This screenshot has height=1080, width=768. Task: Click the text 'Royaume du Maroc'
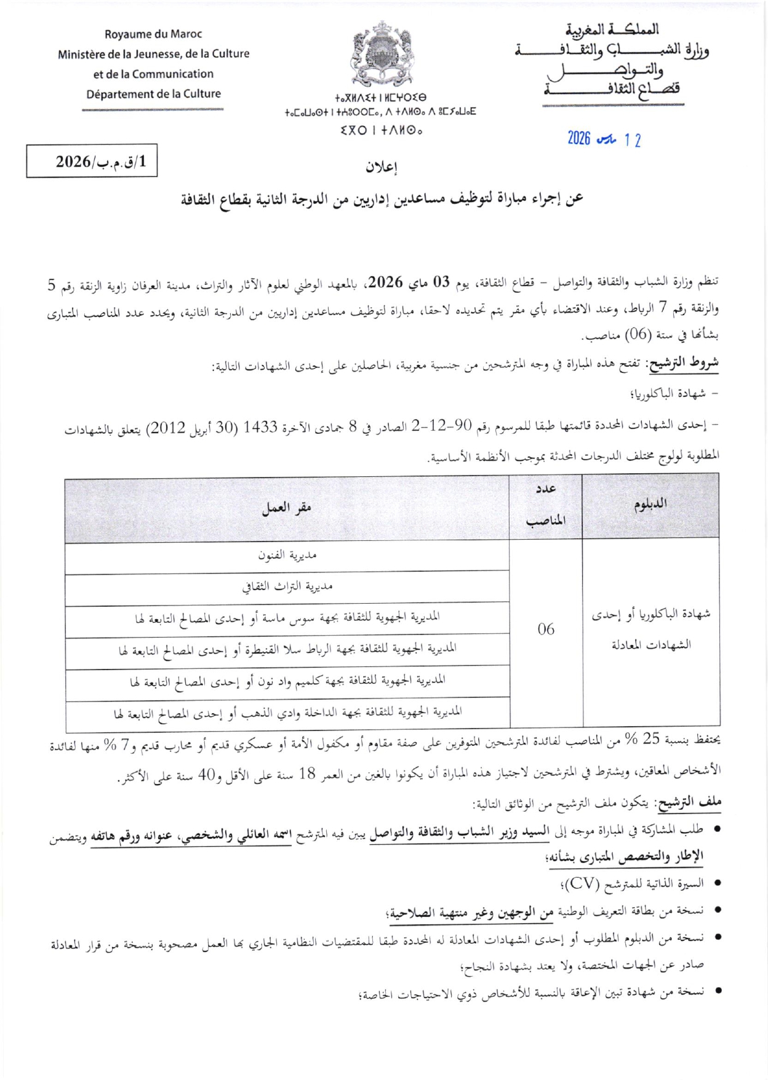[x=153, y=34]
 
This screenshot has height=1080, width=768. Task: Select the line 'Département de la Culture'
[x=153, y=94]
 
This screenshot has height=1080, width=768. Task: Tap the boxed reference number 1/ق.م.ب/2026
[x=92, y=161]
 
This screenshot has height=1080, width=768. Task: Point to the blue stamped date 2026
[x=579, y=138]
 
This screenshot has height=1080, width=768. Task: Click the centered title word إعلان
[x=382, y=167]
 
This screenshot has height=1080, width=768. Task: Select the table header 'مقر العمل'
[x=287, y=508]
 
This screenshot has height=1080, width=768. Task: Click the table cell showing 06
[x=546, y=629]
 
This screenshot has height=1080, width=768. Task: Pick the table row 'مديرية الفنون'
[x=287, y=555]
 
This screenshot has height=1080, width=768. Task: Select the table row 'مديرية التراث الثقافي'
[x=287, y=586]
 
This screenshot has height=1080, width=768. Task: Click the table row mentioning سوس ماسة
[x=287, y=618]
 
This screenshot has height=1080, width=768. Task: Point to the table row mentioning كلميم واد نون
[x=287, y=681]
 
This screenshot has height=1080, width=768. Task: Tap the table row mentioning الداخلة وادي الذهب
[x=287, y=713]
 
